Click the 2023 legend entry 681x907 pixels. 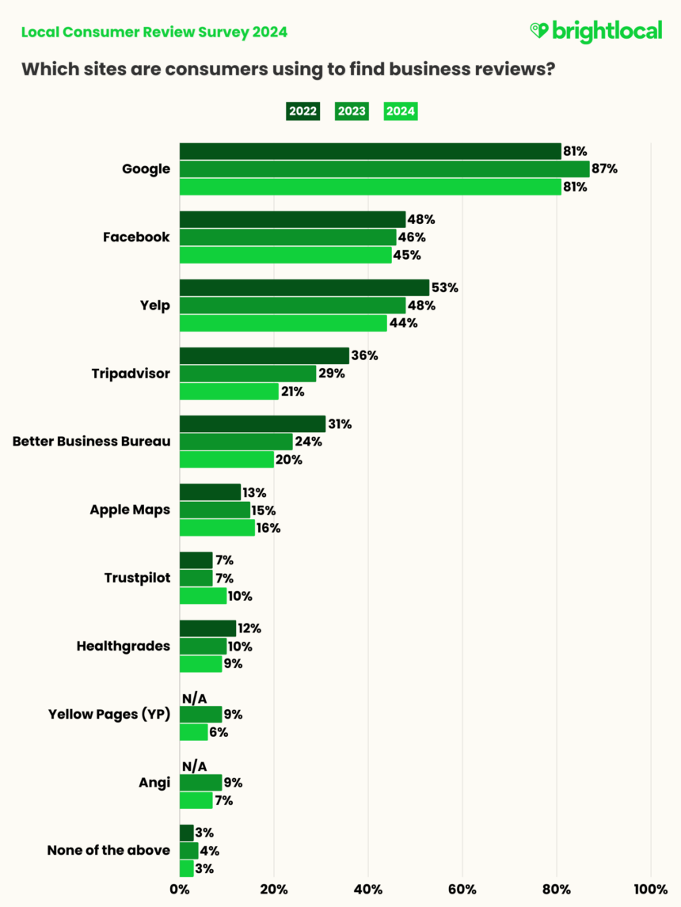pos(352,111)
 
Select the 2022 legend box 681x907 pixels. pos(302,111)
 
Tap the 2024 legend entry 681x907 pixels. pos(401,111)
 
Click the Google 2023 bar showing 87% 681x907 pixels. pos(384,169)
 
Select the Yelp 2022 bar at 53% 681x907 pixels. pos(304,287)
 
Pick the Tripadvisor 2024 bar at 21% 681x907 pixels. pos(229,391)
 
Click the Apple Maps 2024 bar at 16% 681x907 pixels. pos(217,528)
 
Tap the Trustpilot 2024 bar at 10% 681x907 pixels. pos(203,596)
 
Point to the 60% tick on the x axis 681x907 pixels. pos(462,889)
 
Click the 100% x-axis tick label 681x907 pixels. pos(651,889)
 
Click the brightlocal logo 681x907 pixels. pos(595,31)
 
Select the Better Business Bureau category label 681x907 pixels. pos(91,441)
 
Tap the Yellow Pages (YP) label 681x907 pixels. pos(109,714)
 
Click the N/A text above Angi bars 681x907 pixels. pos(194,766)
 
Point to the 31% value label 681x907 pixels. pos(340,424)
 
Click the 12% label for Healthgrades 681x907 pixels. pos(249,628)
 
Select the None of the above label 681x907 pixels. pos(108,850)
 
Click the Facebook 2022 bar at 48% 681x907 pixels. pos(292,219)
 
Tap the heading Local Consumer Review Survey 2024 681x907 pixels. pos(154,32)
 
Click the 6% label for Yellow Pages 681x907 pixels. pos(219,732)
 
